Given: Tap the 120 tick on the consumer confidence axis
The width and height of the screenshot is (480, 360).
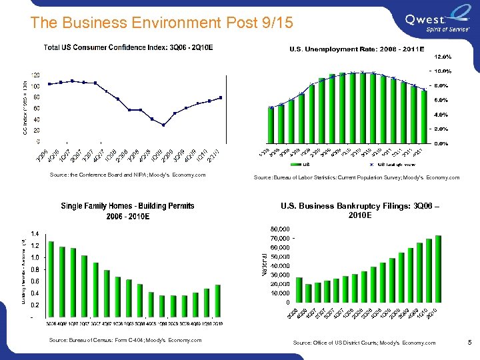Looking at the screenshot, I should tap(33, 75).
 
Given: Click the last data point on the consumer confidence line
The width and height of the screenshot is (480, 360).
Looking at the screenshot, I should tap(221, 97).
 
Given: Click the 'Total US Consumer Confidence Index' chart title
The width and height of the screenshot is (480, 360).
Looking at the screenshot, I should tap(128, 47).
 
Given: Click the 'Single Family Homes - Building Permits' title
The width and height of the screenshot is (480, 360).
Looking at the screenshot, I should tap(128, 206).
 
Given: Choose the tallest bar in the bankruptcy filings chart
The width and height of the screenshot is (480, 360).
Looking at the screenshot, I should tap(439, 269).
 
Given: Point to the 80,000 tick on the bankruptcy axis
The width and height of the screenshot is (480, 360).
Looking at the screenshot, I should tap(279, 229).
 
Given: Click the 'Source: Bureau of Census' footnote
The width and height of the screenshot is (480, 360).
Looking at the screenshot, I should tap(125, 341).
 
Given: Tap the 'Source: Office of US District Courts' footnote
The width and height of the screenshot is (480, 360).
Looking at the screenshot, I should tap(364, 343).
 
